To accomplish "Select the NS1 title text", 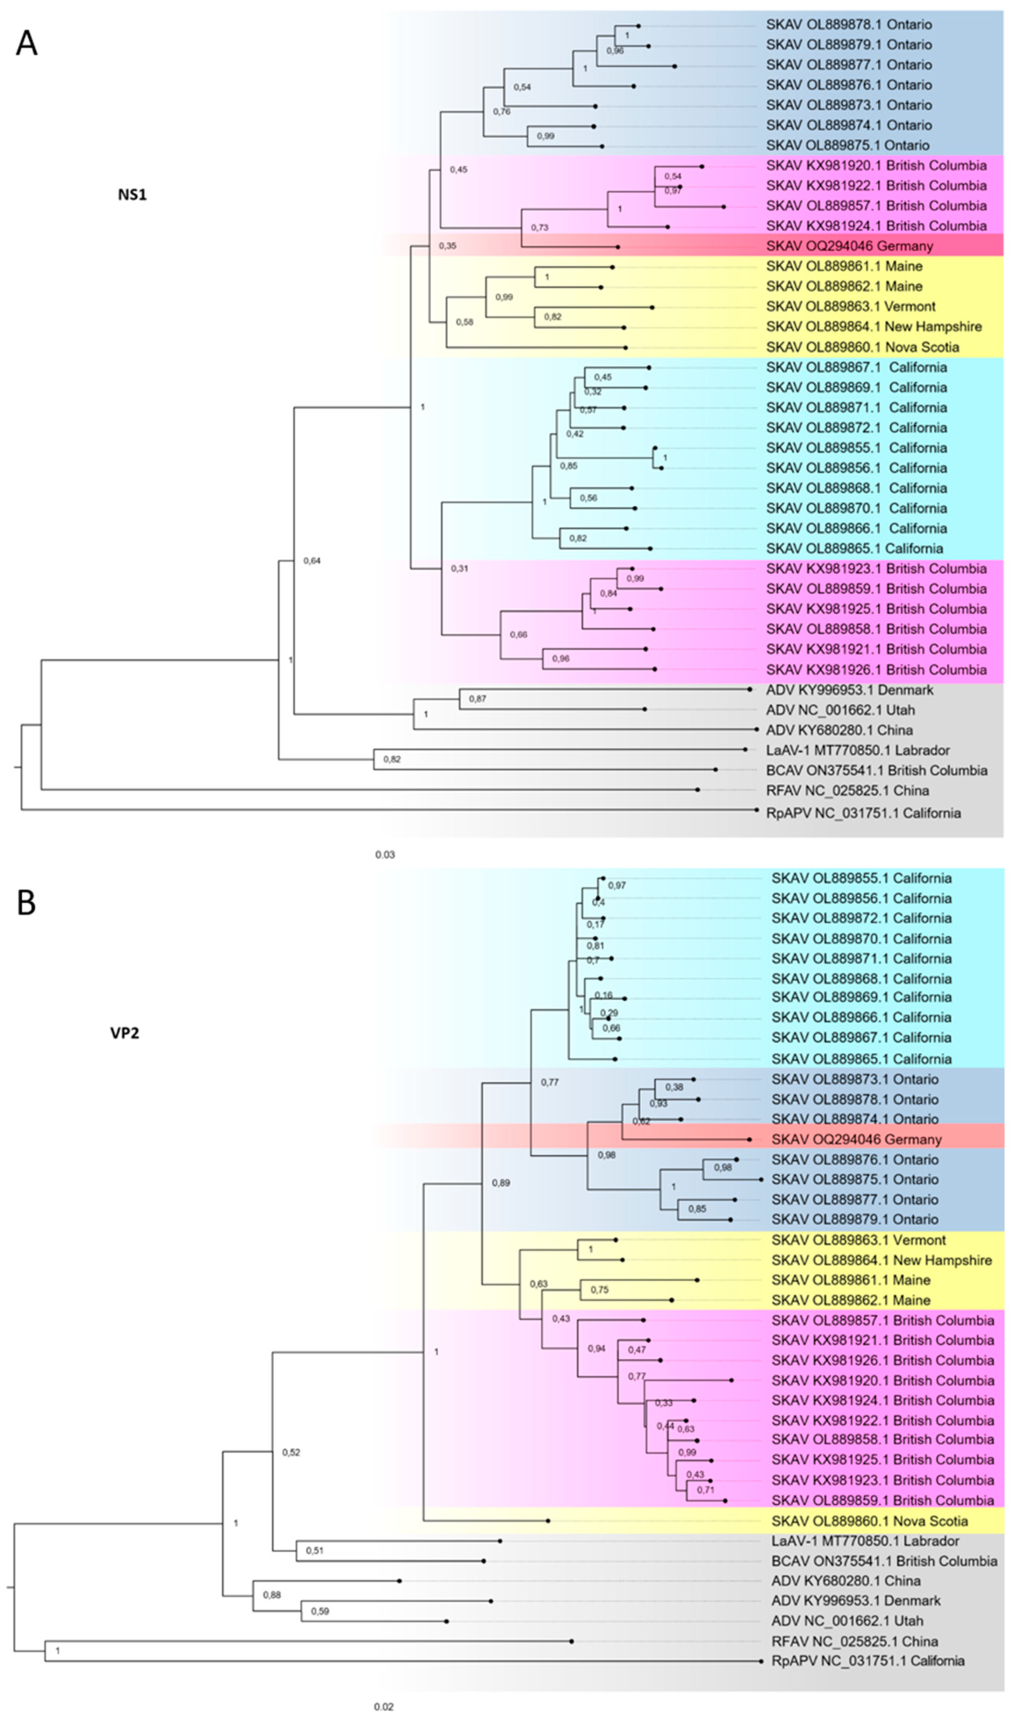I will [x=132, y=194].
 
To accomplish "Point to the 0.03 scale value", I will [x=385, y=854].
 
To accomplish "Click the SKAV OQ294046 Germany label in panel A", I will [x=849, y=246].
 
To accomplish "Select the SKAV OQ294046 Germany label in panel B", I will [x=856, y=1139].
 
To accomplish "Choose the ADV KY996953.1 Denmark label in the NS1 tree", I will [x=849, y=690].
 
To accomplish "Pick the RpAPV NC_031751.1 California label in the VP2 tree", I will [x=867, y=1661].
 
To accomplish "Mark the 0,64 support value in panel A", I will [x=312, y=561].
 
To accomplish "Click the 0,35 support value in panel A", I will [x=448, y=246].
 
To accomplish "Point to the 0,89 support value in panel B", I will [x=501, y=1183].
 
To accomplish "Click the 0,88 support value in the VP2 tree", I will [x=272, y=1595].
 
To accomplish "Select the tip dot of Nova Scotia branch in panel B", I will [x=548, y=1521].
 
